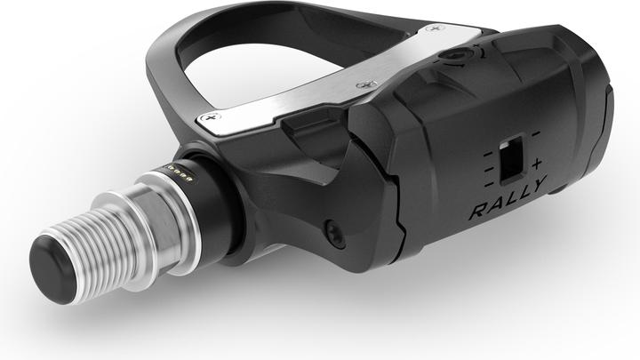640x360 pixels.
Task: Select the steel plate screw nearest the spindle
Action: [210, 116]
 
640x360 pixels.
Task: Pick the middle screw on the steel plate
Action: [361, 84]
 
